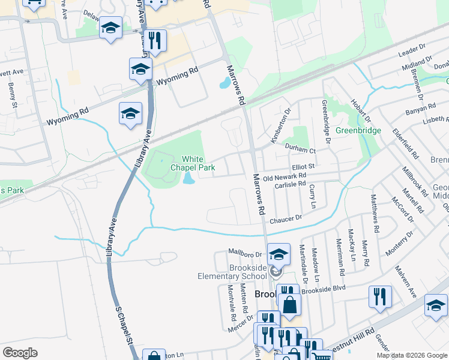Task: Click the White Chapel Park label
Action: pyautogui.click(x=192, y=163)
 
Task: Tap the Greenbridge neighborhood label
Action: pyautogui.click(x=358, y=130)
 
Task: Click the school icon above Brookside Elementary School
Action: pyautogui.click(x=279, y=254)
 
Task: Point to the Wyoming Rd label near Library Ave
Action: pyautogui.click(x=177, y=76)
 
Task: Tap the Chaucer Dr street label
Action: pyautogui.click(x=285, y=220)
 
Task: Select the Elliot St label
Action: pyautogui.click(x=303, y=166)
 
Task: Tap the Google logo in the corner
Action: pyautogui.click(x=20, y=353)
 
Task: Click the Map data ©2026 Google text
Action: pyautogui.click(x=412, y=355)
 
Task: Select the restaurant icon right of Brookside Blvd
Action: pyautogui.click(x=380, y=296)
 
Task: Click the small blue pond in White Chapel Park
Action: pyautogui.click(x=188, y=178)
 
